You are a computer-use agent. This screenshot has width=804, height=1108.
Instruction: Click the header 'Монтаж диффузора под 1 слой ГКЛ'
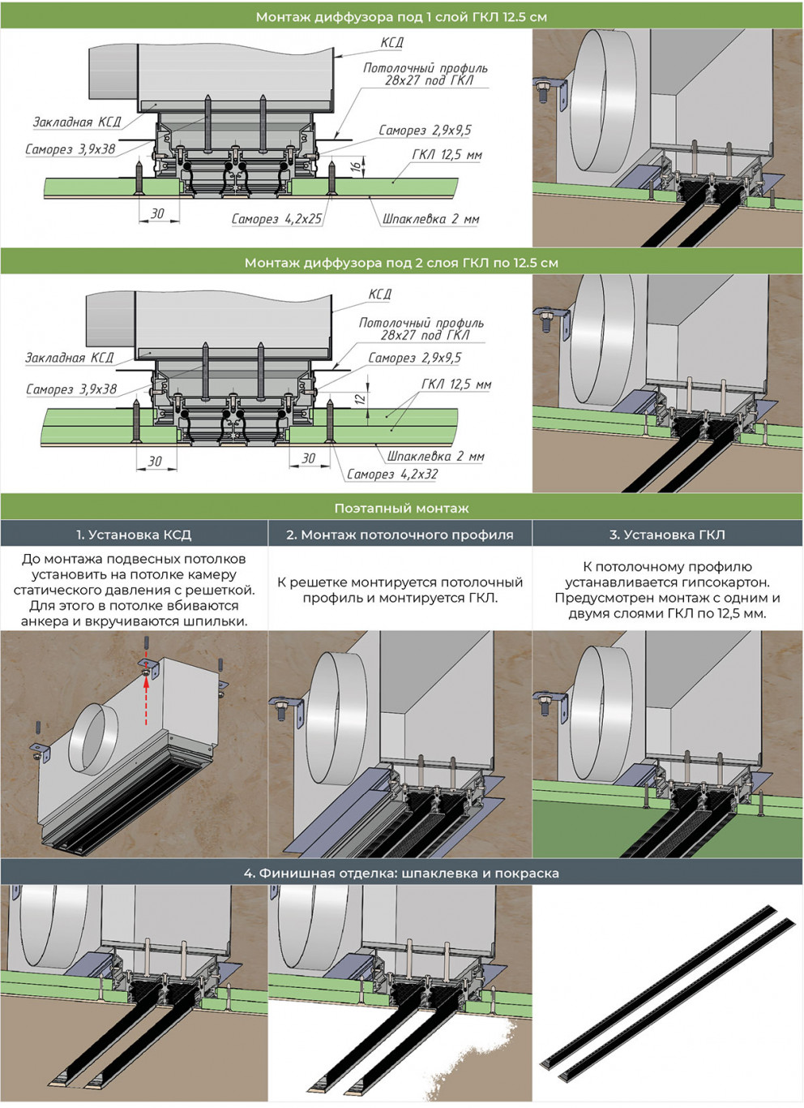(x=401, y=16)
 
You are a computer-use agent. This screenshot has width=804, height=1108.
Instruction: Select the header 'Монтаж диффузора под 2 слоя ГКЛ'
(x=401, y=263)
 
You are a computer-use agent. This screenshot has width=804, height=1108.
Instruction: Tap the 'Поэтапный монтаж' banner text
(x=401, y=509)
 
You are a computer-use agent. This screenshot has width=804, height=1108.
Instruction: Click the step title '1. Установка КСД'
(x=134, y=535)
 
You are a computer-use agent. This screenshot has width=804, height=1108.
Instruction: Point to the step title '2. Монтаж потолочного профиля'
(x=400, y=535)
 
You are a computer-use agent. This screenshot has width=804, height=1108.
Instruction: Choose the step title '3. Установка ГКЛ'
(x=667, y=535)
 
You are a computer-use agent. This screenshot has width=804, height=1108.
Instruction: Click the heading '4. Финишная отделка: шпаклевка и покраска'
(x=401, y=874)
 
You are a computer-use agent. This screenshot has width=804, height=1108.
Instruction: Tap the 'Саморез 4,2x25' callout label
(x=276, y=219)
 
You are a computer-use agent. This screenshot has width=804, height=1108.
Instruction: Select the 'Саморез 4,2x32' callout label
(x=392, y=475)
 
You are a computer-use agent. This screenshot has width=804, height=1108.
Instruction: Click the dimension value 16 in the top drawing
(x=355, y=166)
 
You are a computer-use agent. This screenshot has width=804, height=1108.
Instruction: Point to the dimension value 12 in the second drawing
(x=360, y=399)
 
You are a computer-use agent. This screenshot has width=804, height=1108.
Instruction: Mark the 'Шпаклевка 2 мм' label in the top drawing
(x=430, y=219)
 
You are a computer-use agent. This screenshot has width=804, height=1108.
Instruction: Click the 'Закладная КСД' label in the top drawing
(x=77, y=122)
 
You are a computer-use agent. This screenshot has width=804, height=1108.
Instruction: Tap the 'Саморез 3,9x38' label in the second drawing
(x=71, y=389)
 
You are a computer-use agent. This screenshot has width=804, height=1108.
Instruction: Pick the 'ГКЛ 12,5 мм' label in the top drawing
(x=447, y=155)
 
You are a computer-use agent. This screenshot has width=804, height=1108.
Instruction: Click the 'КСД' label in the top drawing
(x=392, y=43)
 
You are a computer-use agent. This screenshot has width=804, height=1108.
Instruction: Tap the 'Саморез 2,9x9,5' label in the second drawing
(x=414, y=358)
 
